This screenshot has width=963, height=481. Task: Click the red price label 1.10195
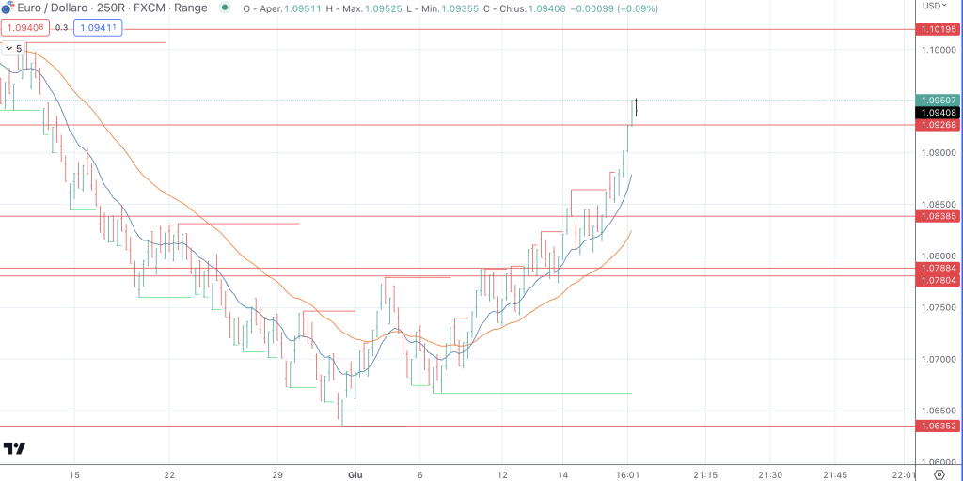click(x=939, y=30)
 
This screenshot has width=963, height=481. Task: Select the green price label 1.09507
click(x=939, y=101)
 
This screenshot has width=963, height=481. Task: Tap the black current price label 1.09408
click(x=939, y=113)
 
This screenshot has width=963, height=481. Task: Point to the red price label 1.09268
click(x=939, y=125)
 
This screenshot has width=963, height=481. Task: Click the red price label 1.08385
click(x=939, y=216)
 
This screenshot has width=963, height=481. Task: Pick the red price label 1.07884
click(x=939, y=268)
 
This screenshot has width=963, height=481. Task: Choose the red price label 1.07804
click(x=939, y=280)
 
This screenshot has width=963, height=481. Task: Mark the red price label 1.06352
click(x=939, y=426)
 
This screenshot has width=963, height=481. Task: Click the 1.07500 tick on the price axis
click(x=939, y=307)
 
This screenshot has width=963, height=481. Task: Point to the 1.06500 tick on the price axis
click(x=939, y=411)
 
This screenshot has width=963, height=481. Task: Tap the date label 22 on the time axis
click(x=170, y=475)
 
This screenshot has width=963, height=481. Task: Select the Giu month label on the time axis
click(x=355, y=475)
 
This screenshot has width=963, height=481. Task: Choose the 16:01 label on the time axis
click(x=628, y=475)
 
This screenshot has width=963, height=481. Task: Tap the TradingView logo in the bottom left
click(x=14, y=449)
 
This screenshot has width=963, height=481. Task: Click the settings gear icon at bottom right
click(x=938, y=474)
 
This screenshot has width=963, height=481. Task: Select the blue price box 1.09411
click(x=99, y=28)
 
